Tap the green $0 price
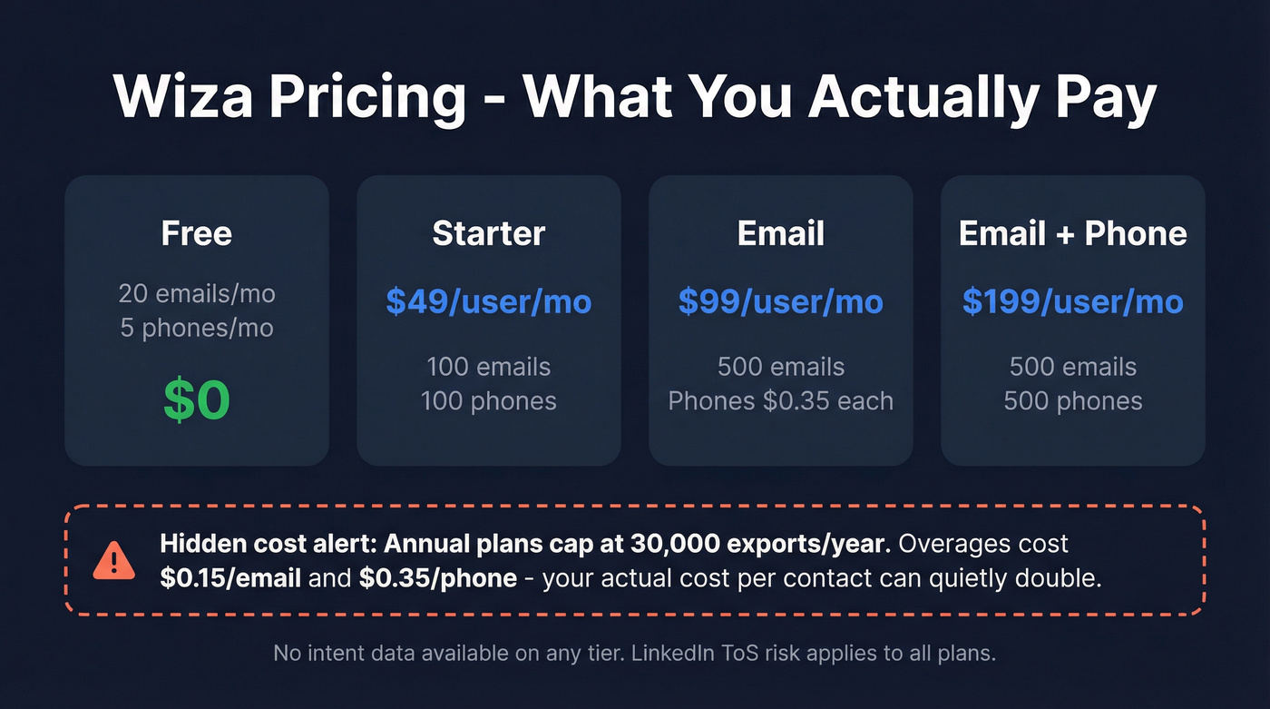point(197,400)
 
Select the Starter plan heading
point(488,233)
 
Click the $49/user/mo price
point(488,301)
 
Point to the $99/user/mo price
point(780,301)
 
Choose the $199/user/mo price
point(1072,301)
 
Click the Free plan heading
point(197,233)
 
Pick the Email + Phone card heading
point(1072,233)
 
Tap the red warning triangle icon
point(113,562)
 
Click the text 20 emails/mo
point(197,293)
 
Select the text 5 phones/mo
point(197,328)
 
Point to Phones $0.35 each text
point(780,400)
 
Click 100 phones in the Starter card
point(488,400)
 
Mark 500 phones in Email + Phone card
point(1072,400)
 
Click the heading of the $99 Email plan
point(780,233)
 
